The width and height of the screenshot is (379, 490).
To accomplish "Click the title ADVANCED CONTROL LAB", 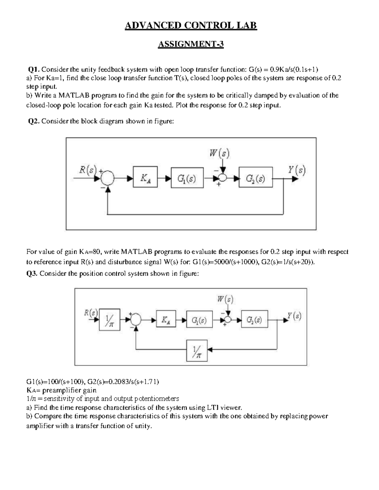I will click(191, 25).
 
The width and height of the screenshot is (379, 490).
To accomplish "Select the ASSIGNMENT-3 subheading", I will click(190, 44).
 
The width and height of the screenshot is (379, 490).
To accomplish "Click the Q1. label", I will click(34, 69).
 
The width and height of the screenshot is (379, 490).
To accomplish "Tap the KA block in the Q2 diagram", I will click(145, 177).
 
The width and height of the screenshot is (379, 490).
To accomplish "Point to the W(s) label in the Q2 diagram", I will click(220, 154).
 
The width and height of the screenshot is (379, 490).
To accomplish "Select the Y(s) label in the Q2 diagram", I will click(297, 170).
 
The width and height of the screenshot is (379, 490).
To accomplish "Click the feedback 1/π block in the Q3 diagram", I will click(197, 350).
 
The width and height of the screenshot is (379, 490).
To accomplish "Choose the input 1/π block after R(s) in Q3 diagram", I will click(110, 320).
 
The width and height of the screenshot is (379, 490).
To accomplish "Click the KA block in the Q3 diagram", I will click(166, 319).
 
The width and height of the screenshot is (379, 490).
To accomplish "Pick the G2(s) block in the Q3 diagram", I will click(254, 319).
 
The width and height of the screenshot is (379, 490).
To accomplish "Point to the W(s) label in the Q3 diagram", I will click(225, 299).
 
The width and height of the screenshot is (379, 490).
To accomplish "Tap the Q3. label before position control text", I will click(32, 274).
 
